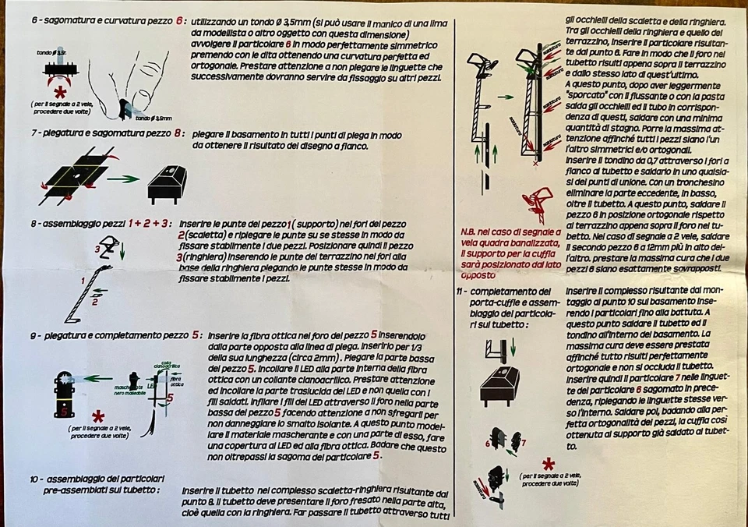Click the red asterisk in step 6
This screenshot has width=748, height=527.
click(59, 92)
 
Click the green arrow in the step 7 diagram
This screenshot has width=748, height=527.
click(122, 179)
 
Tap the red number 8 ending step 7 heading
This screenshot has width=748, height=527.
click(178, 133)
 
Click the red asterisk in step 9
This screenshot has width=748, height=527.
click(98, 415)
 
